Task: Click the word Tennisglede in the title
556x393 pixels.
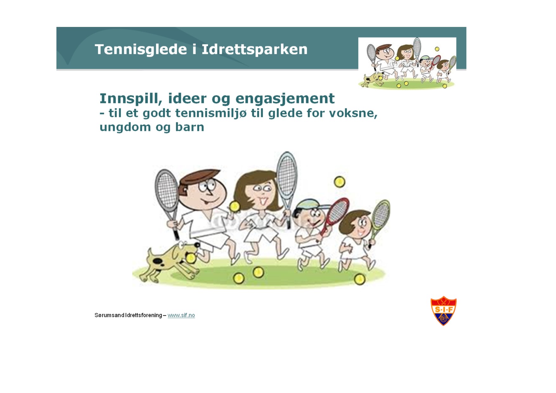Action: point(141,49)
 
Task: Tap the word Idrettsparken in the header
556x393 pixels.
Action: point(255,49)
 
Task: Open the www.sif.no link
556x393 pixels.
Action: point(181,315)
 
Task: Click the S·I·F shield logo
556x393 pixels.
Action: point(443,311)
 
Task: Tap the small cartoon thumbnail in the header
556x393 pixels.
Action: point(407,63)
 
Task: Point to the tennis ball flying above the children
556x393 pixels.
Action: point(339,182)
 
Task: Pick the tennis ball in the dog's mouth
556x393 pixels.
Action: point(191,258)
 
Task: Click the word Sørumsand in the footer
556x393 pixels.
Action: point(109,315)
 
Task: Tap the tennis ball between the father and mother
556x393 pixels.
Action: point(235,207)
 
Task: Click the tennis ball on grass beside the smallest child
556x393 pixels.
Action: point(360,279)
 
